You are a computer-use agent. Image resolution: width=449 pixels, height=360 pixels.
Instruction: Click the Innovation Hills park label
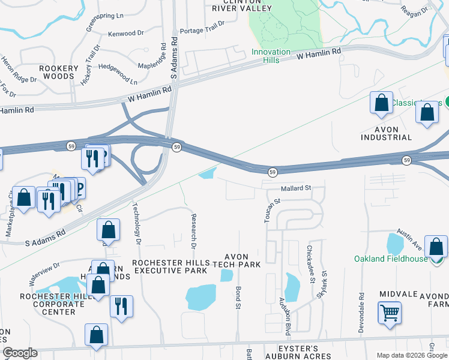point(271,56)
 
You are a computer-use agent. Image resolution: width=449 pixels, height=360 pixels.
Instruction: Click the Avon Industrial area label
point(386,133)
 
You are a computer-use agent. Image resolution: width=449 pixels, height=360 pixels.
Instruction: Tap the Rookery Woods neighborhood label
point(59,73)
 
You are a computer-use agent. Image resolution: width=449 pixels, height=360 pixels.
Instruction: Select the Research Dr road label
point(193,230)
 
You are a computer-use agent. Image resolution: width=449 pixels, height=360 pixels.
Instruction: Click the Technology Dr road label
point(136,221)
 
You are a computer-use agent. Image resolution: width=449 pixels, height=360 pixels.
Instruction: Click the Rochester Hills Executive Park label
point(171,267)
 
